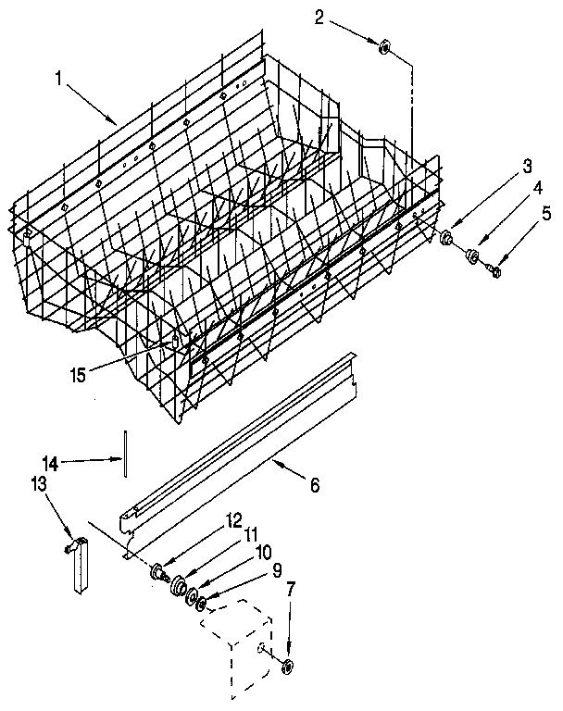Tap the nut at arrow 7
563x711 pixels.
pos(287,667)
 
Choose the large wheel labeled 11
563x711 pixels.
pos(178,584)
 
